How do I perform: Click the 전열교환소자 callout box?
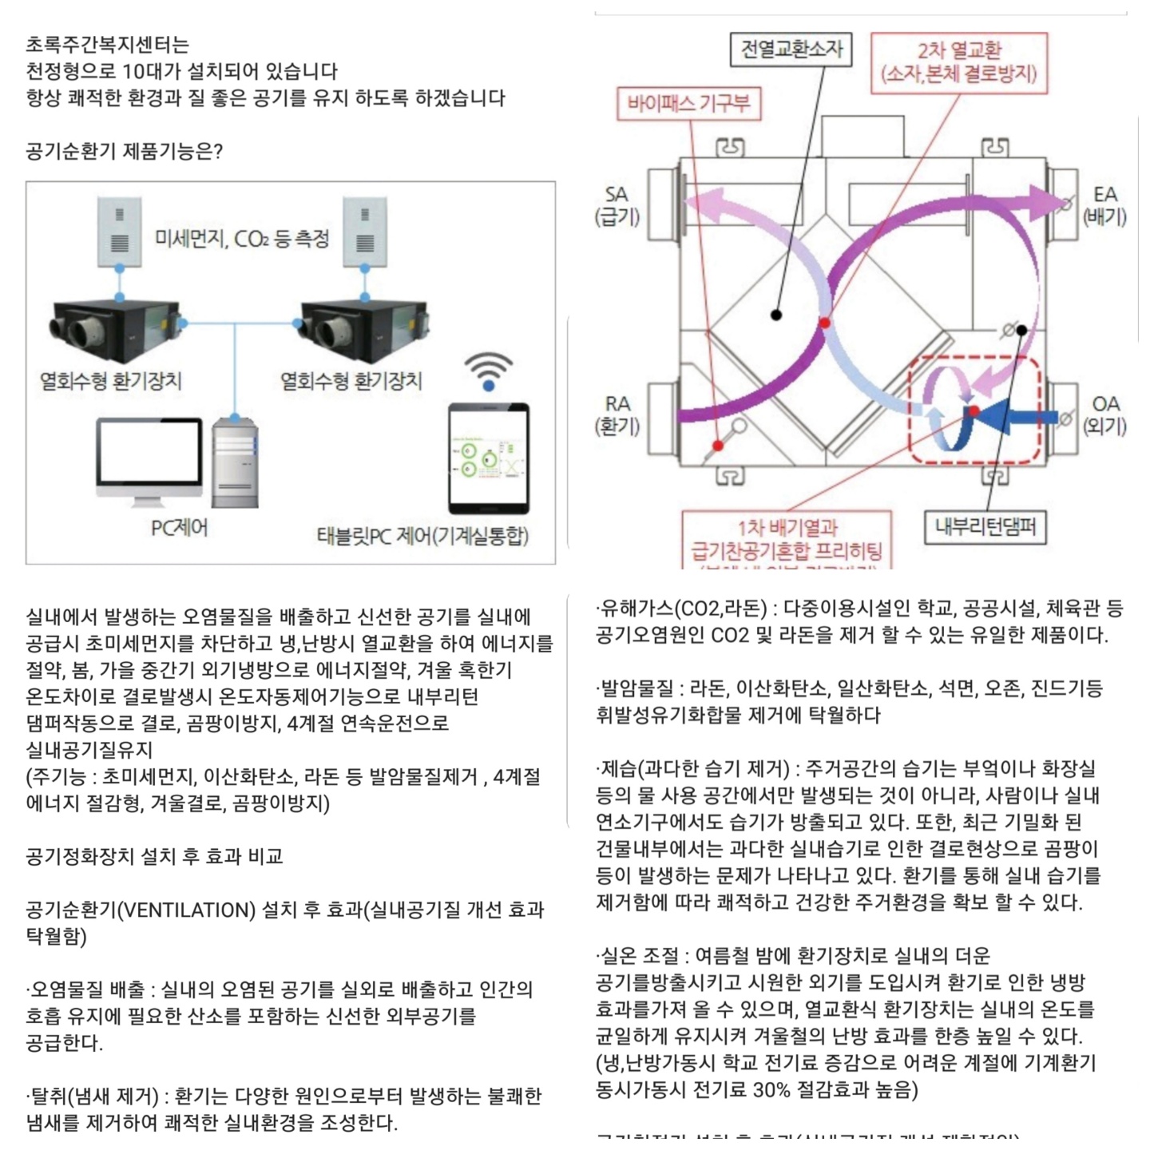point(791,50)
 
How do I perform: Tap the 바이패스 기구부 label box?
point(688,104)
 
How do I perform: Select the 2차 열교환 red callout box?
point(958,63)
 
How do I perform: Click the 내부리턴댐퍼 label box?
point(985,527)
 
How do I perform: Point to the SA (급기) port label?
point(617,205)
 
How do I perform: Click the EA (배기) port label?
point(1104,205)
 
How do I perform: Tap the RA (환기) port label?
point(617,414)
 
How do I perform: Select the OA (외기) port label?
point(1104,414)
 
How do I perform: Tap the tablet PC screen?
point(489,458)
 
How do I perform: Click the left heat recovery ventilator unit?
point(116,329)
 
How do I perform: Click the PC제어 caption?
point(179,528)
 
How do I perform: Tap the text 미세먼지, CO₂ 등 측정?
point(242,239)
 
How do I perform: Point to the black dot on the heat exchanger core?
point(775,315)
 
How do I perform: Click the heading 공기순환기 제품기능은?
point(124,151)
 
